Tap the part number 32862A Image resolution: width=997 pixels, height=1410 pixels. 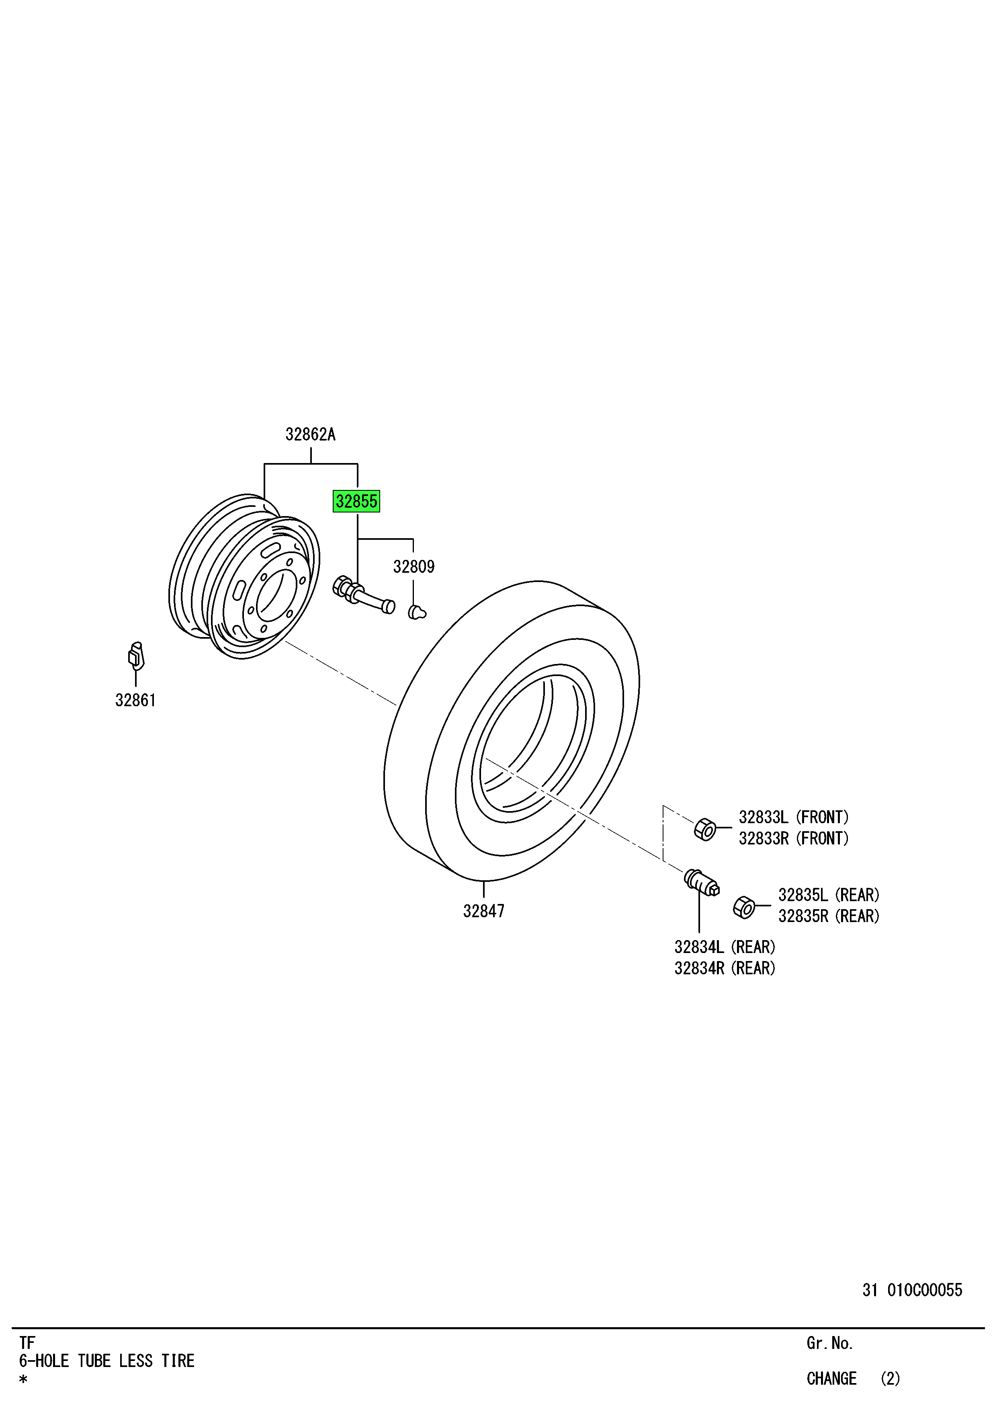pos(311,435)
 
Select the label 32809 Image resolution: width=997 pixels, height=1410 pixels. pos(414,567)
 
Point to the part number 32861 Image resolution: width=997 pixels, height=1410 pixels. pos(136,700)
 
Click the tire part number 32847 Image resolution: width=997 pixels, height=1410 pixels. pos(484,911)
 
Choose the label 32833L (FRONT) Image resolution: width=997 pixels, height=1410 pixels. pos(794,818)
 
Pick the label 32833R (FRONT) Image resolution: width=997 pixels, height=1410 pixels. pos(794,838)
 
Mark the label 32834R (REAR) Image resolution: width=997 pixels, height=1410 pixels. pos(725,968)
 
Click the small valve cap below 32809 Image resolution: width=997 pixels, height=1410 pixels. pos(417,612)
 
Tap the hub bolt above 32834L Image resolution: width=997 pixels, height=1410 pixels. pos(702,883)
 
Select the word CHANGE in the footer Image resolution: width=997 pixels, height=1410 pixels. pos(831,1379)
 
